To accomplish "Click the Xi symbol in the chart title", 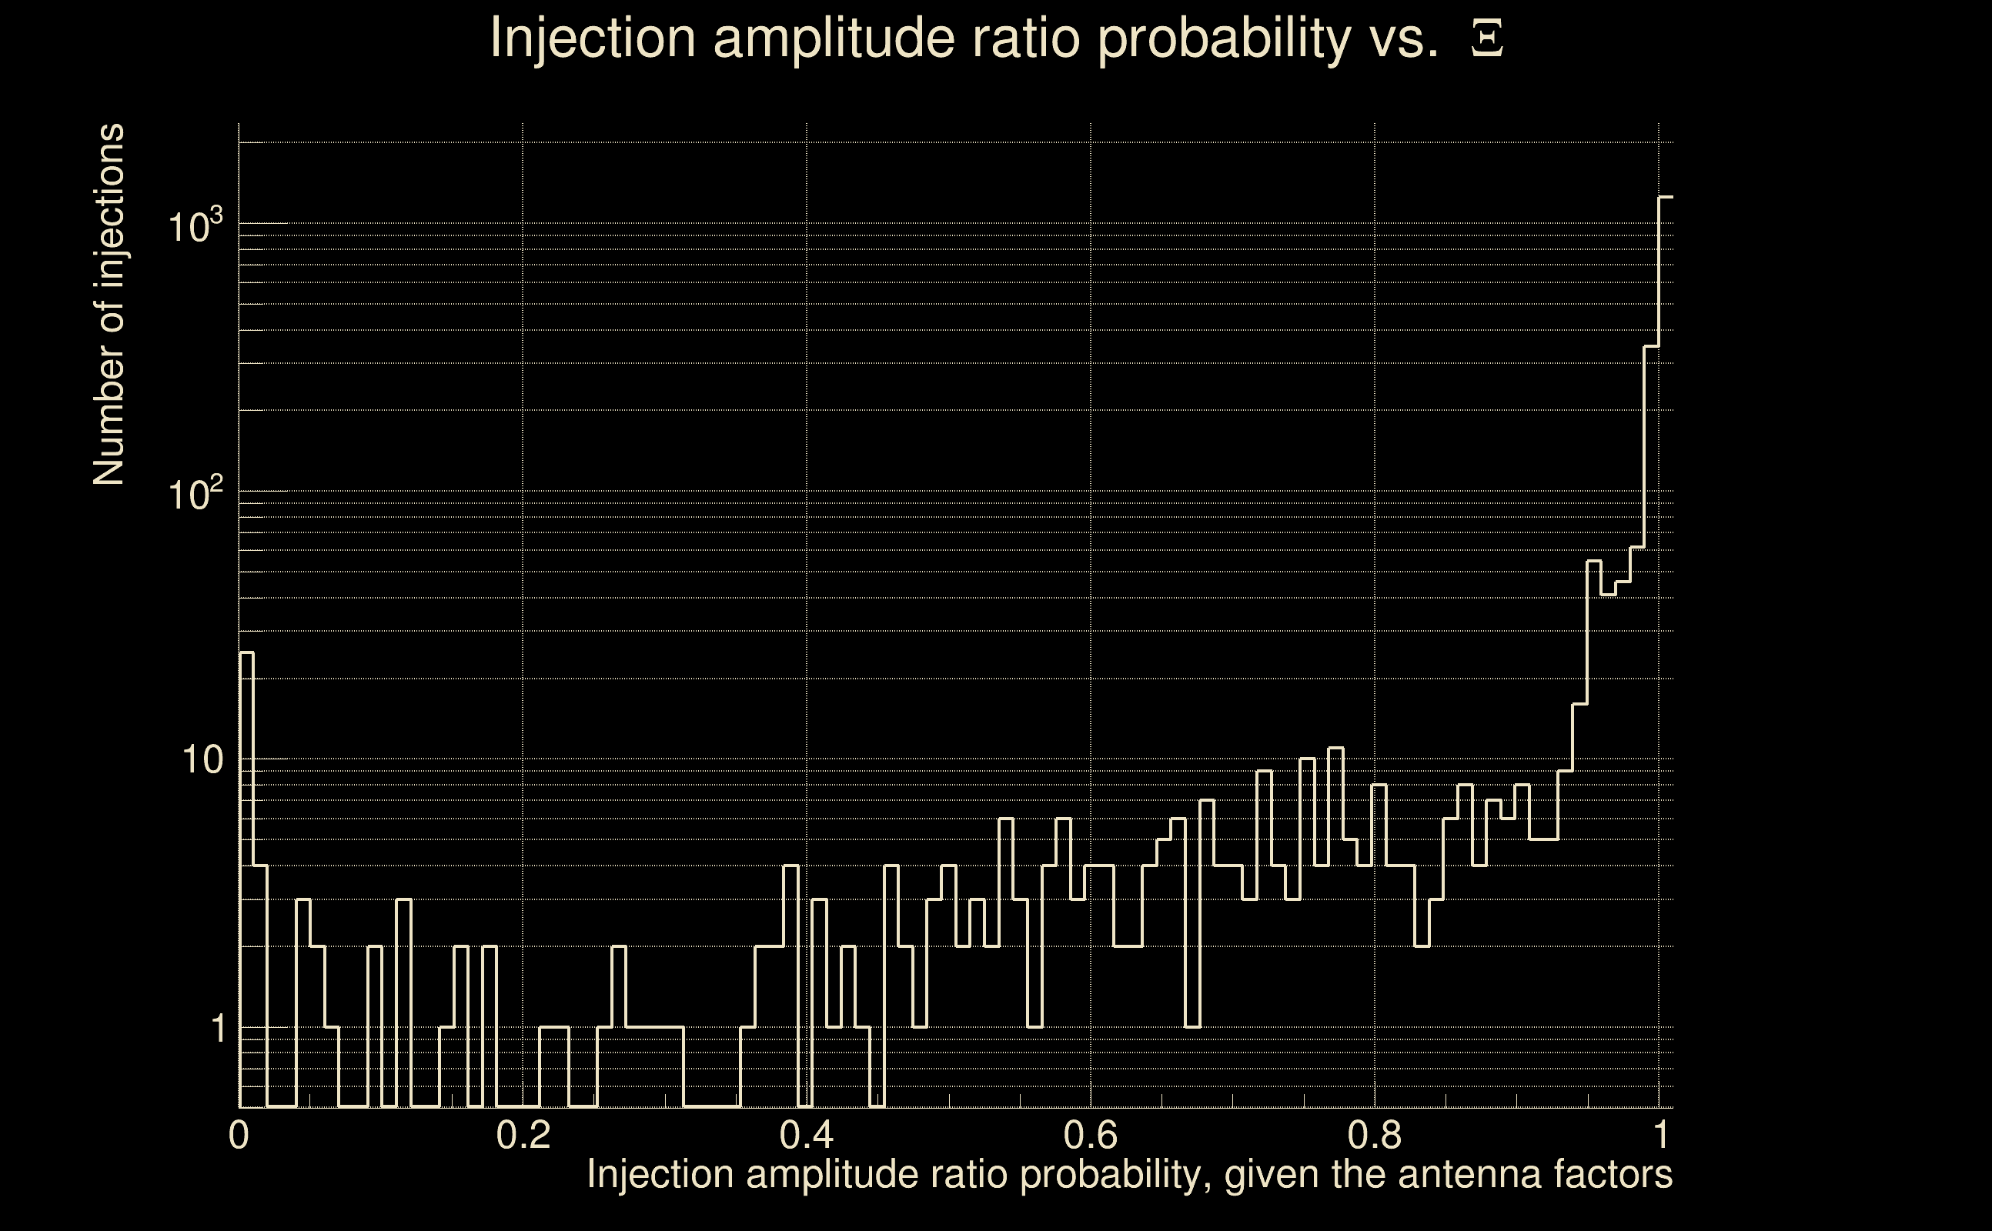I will [x=1487, y=38].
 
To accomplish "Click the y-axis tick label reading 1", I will [x=218, y=1029].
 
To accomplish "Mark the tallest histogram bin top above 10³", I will [x=1666, y=197].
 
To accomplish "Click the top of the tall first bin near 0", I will [x=246, y=652].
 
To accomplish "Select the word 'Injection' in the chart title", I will [x=593, y=38].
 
